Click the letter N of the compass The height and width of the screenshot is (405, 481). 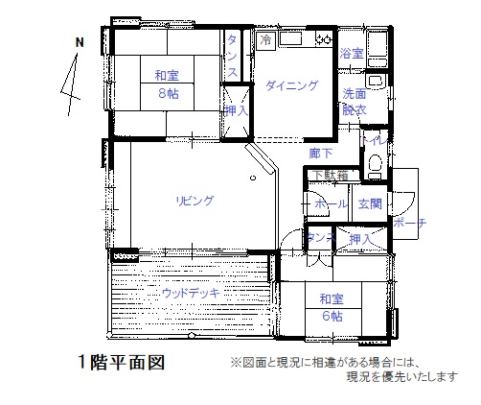80,42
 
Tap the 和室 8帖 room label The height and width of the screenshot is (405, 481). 167,84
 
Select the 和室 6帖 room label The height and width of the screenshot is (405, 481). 332,308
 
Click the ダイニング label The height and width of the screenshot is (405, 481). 292,85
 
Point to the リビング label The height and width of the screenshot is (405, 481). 195,201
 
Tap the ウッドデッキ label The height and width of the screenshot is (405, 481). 191,293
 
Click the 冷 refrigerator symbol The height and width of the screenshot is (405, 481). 265,40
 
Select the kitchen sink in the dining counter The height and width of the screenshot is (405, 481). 290,39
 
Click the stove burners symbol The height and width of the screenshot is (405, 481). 324,39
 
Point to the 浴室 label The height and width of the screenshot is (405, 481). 352,54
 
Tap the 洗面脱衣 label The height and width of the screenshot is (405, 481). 355,102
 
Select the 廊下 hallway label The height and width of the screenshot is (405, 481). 321,154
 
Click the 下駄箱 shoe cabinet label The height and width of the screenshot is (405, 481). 330,176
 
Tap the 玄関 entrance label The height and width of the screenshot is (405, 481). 370,203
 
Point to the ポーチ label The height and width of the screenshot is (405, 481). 410,223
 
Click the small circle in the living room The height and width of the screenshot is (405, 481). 253,178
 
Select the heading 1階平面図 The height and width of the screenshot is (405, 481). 122,363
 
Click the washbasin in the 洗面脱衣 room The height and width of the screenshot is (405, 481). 376,82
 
